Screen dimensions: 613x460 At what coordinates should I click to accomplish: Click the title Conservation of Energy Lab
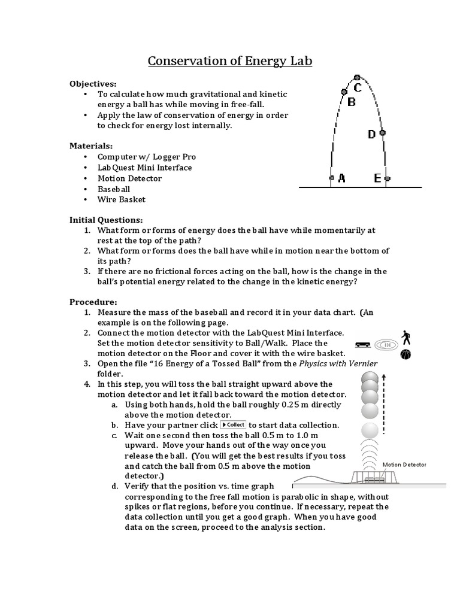(230, 61)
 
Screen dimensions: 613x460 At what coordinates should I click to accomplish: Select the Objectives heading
(93, 83)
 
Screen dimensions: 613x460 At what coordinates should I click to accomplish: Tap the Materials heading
(91, 145)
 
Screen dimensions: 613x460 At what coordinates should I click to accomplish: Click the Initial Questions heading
(106, 220)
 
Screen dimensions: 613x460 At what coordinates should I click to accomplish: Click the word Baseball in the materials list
(114, 189)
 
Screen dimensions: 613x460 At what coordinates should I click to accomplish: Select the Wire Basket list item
(122, 199)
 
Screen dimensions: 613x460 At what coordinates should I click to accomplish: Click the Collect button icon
(234, 424)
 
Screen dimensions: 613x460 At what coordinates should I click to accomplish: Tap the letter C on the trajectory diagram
(358, 88)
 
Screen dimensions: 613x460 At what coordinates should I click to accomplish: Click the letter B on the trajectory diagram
(352, 102)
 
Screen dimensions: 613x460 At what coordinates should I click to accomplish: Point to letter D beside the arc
(371, 135)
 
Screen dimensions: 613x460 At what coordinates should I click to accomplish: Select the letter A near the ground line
(341, 178)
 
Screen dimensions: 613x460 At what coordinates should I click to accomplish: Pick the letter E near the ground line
(377, 178)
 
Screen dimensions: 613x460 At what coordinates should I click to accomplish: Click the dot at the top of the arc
(357, 77)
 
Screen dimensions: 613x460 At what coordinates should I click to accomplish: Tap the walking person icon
(406, 336)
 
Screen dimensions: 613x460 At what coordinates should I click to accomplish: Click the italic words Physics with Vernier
(339, 363)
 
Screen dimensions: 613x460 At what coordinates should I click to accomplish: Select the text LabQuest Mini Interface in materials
(145, 168)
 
